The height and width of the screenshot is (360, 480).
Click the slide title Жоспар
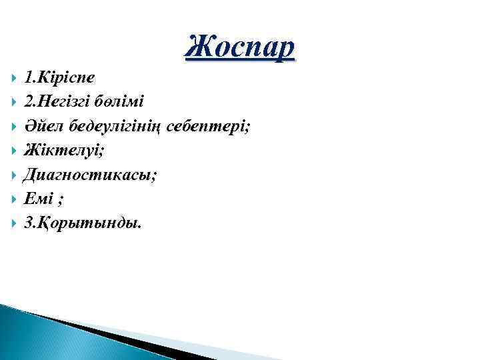pyautogui.click(x=238, y=47)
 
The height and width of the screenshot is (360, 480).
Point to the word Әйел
pyautogui.click(x=41, y=125)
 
